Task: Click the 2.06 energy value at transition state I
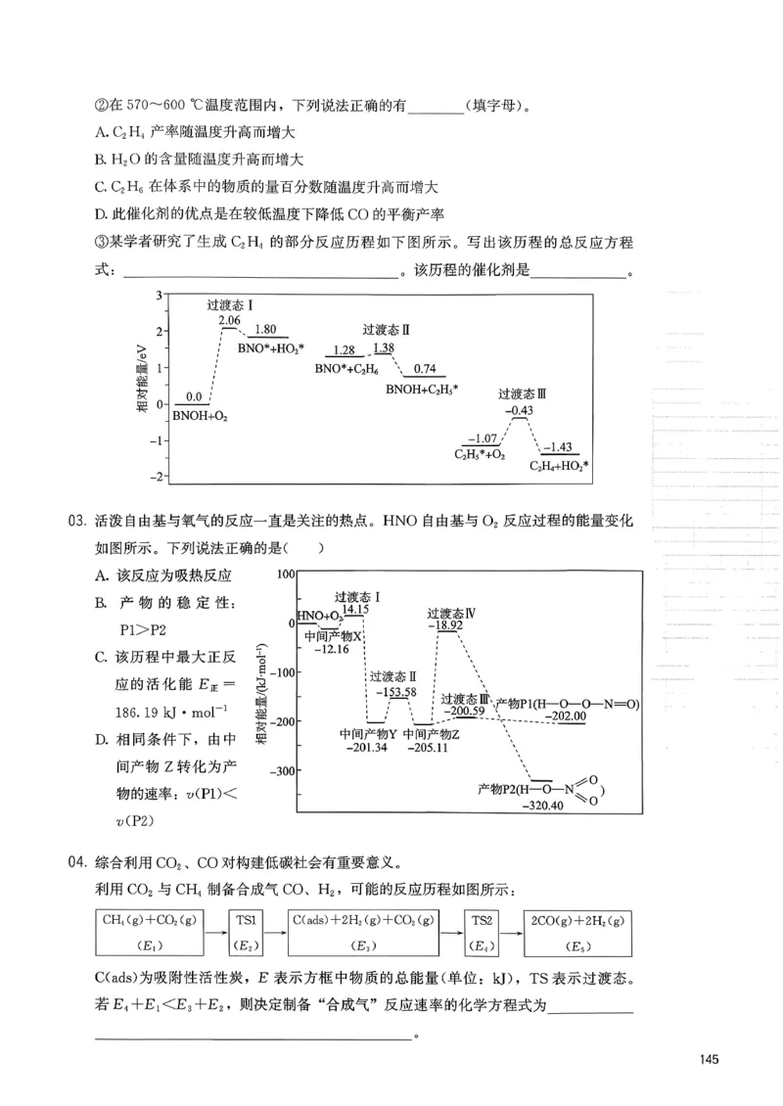(229, 321)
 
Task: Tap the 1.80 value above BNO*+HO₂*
(265, 330)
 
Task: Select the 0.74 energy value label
(425, 369)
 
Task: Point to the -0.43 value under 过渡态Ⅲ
(520, 409)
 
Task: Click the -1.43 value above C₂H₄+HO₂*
(560, 446)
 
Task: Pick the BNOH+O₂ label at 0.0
(200, 416)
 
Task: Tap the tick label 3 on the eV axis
(158, 295)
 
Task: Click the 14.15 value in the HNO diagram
(353, 609)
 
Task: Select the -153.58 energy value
(394, 692)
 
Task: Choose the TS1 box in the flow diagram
(246, 931)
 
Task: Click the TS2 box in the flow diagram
(482, 931)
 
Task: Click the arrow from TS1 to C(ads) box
(276, 931)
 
